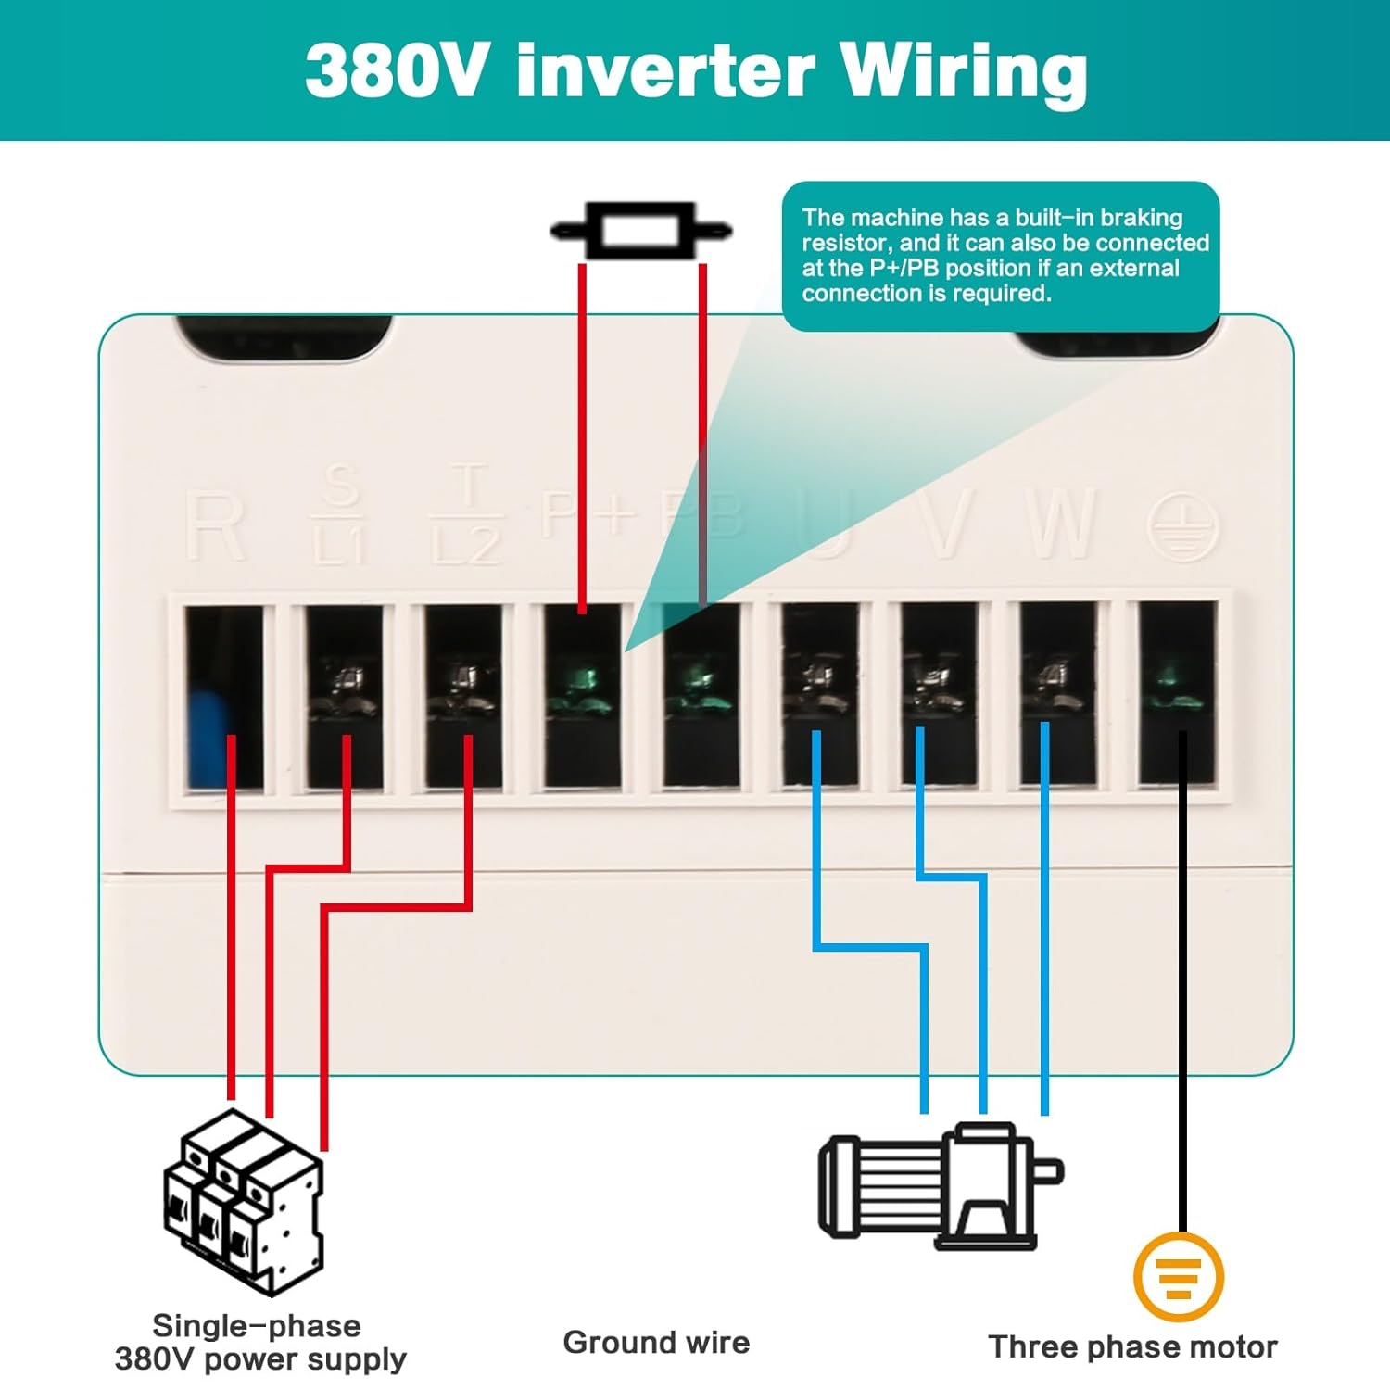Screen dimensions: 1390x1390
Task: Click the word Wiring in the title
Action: pyautogui.click(x=964, y=72)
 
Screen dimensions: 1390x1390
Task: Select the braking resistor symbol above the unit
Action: pyautogui.click(x=641, y=230)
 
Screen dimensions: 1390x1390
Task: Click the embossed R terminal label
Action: pyautogui.click(x=215, y=525)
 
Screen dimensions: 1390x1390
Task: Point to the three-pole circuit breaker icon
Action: pyautogui.click(x=244, y=1201)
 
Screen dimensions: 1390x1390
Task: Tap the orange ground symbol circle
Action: pyautogui.click(x=1179, y=1277)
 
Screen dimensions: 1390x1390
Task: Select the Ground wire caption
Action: pyautogui.click(x=656, y=1342)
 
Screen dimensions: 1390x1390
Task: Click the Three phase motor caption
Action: pyautogui.click(x=1132, y=1346)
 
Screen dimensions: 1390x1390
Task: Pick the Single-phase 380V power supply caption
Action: pyautogui.click(x=259, y=1343)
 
